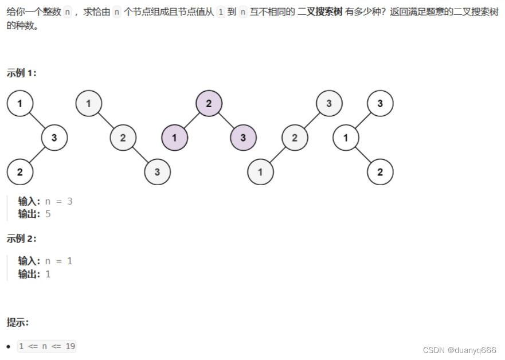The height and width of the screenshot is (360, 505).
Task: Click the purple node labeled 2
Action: click(209, 103)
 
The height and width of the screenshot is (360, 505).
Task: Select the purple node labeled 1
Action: click(174, 138)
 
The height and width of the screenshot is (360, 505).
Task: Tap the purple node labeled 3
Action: click(243, 138)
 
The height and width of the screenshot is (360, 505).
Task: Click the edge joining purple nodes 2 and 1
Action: click(191, 120)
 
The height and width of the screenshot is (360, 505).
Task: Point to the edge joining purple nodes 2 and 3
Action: click(226, 120)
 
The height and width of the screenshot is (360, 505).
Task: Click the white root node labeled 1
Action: click(19, 103)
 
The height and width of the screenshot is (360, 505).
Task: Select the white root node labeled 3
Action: click(380, 103)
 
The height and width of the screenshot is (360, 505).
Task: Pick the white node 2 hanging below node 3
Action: click(19, 172)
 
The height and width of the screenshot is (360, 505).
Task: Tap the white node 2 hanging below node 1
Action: click(380, 172)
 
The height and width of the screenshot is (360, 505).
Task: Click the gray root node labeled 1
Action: click(88, 103)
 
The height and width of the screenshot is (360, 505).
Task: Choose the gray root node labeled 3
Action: click(329, 103)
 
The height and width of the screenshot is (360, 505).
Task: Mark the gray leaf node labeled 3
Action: click(157, 172)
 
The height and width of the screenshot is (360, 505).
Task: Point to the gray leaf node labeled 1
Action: click(260, 172)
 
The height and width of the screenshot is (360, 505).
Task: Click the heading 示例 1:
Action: click(22, 73)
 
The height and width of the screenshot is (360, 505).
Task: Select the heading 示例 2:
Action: click(22, 238)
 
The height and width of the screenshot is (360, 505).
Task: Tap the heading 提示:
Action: click(18, 322)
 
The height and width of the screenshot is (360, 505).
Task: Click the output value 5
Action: click(48, 214)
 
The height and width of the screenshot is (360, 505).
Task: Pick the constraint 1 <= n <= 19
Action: click(46, 346)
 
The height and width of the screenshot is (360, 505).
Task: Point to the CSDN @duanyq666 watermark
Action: click(459, 350)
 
